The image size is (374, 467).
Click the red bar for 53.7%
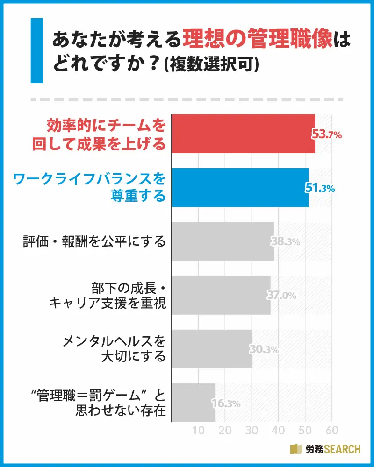click(243, 134)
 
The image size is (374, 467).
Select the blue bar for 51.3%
click(240, 187)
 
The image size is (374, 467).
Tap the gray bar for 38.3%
click(223, 241)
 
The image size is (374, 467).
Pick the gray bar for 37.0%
click(221, 295)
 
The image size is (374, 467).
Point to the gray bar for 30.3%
click(212, 349)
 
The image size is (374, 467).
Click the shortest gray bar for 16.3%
click(194, 403)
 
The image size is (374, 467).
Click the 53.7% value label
click(327, 135)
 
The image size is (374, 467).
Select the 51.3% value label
click(321, 189)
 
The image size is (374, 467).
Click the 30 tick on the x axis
click(252, 430)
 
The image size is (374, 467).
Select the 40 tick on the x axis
click(279, 430)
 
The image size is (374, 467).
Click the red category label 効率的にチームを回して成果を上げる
click(99, 134)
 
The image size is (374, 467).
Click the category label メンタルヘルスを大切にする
click(114, 349)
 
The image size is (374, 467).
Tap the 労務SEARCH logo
click(325, 449)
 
